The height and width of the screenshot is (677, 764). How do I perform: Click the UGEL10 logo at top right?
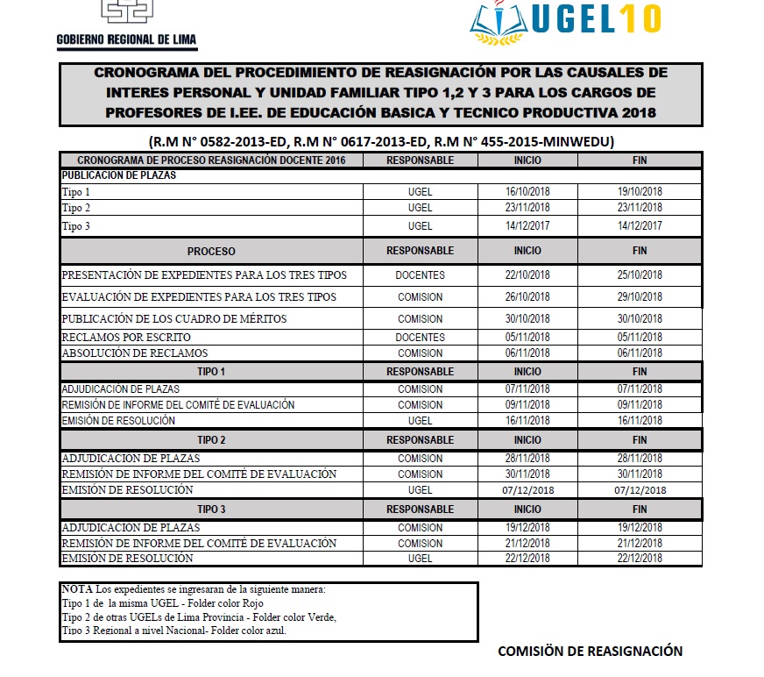(566, 24)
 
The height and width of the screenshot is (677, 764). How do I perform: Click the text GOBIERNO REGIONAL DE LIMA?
(127, 40)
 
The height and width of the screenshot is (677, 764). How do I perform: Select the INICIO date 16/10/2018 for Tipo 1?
(527, 192)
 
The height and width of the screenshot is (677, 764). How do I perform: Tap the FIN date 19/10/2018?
(640, 192)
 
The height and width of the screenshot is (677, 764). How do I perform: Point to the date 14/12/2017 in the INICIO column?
(527, 226)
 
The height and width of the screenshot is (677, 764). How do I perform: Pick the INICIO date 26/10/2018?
(527, 297)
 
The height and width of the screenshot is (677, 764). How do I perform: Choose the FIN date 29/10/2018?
(640, 297)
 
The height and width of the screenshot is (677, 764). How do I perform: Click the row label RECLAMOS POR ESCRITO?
(126, 338)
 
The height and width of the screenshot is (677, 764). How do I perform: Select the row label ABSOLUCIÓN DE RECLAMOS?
(135, 353)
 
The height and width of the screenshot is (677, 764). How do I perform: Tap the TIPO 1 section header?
(211, 372)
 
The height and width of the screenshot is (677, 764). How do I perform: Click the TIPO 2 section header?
(211, 440)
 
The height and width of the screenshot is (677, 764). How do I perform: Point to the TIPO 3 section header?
(211, 510)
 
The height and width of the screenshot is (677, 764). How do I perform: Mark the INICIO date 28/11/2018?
(527, 459)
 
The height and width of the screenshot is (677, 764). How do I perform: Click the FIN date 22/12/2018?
(640, 559)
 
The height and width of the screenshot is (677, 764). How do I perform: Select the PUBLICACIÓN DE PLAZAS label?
(119, 175)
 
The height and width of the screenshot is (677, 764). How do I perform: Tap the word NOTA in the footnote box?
(76, 589)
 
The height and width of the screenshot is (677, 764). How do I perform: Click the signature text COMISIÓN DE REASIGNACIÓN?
(590, 652)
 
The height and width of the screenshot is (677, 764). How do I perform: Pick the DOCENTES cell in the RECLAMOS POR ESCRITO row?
(420, 338)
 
